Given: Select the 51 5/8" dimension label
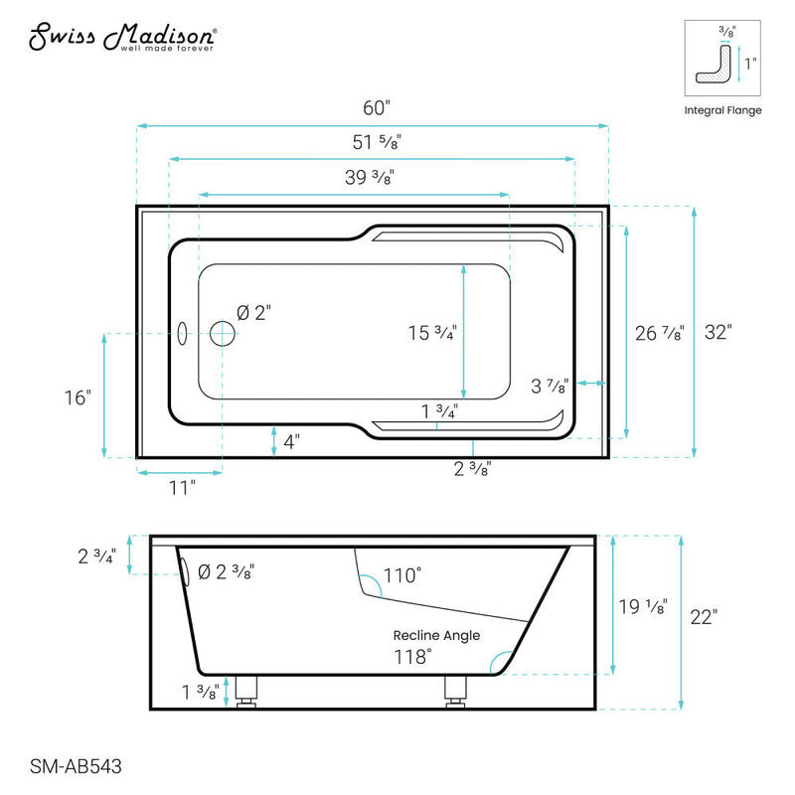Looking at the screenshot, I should (x=373, y=142).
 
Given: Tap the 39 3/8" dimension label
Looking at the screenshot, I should (x=368, y=178).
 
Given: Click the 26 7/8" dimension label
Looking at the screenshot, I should (x=659, y=333).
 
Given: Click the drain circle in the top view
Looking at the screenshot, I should (x=223, y=333).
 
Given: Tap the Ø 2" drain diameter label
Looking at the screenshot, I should (x=254, y=312).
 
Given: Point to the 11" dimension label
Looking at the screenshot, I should (x=180, y=486).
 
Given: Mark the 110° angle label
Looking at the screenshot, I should (x=402, y=574).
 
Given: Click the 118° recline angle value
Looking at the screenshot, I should (x=413, y=656).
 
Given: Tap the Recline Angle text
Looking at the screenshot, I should (x=436, y=635).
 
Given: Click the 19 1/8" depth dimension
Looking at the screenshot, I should (x=642, y=606).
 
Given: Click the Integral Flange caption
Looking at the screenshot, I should (x=723, y=110).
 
